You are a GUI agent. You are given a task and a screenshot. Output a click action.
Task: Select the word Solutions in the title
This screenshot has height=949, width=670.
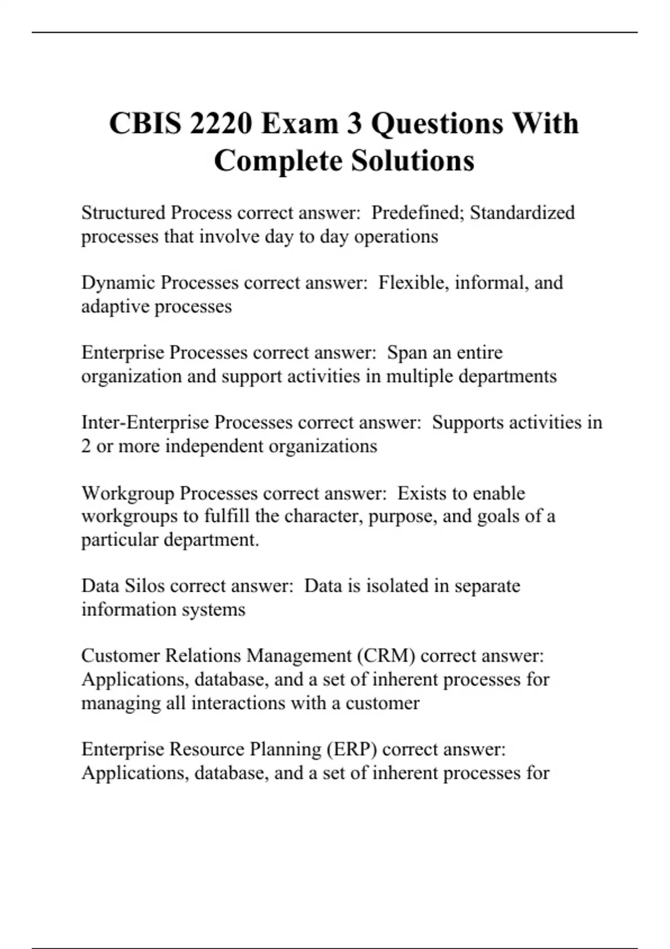click(413, 161)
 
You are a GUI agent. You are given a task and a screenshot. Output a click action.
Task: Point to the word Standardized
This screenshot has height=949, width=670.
click(522, 213)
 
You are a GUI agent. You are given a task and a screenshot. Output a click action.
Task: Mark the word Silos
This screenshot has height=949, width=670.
click(144, 586)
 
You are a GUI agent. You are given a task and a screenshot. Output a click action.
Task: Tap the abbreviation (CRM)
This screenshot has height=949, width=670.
click(386, 656)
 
